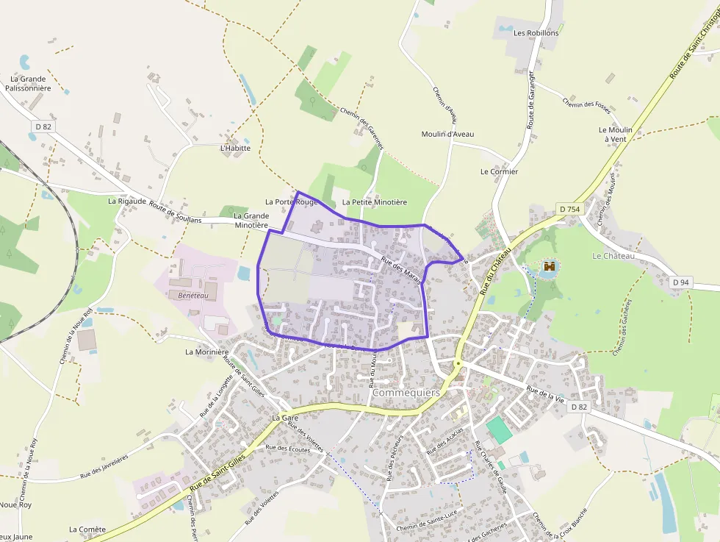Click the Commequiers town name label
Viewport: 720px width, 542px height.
click(x=406, y=393)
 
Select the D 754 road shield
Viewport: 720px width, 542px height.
click(x=569, y=210)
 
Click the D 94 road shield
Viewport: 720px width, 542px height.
click(x=681, y=282)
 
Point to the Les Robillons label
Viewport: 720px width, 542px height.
click(x=536, y=33)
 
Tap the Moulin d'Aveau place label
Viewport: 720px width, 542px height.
click(x=447, y=134)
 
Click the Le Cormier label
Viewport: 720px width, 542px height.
click(x=499, y=171)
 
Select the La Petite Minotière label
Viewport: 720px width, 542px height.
click(x=374, y=202)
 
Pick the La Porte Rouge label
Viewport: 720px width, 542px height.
click(x=292, y=202)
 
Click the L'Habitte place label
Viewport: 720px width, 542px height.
click(x=235, y=148)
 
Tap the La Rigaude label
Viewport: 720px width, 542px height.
click(x=123, y=201)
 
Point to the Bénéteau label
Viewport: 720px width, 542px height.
click(x=193, y=295)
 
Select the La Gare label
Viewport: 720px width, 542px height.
click(x=284, y=418)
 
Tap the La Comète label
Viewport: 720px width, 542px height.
click(x=87, y=529)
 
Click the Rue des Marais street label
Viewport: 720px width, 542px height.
click(x=401, y=272)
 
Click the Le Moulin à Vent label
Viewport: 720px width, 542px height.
click(x=615, y=134)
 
